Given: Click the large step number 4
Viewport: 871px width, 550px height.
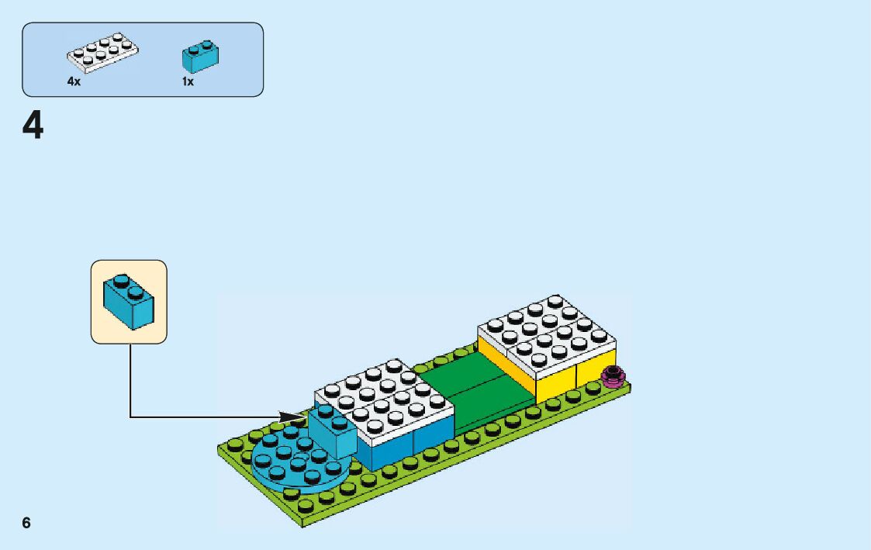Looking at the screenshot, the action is [33, 126].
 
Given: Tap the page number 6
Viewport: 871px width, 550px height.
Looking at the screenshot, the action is [26, 523].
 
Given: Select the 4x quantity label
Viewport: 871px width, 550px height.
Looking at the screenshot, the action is [74, 81].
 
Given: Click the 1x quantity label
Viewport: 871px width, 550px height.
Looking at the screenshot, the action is [188, 81].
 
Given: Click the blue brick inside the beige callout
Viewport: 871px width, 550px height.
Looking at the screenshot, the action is [129, 301].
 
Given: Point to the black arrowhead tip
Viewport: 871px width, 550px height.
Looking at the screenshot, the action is [305, 417].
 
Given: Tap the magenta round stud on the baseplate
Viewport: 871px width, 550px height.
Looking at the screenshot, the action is [614, 375].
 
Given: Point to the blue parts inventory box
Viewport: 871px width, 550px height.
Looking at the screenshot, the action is [143, 60].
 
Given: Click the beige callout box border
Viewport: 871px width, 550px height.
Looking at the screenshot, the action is [92, 303].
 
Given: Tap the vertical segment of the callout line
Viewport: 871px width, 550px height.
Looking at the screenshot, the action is [130, 380].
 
